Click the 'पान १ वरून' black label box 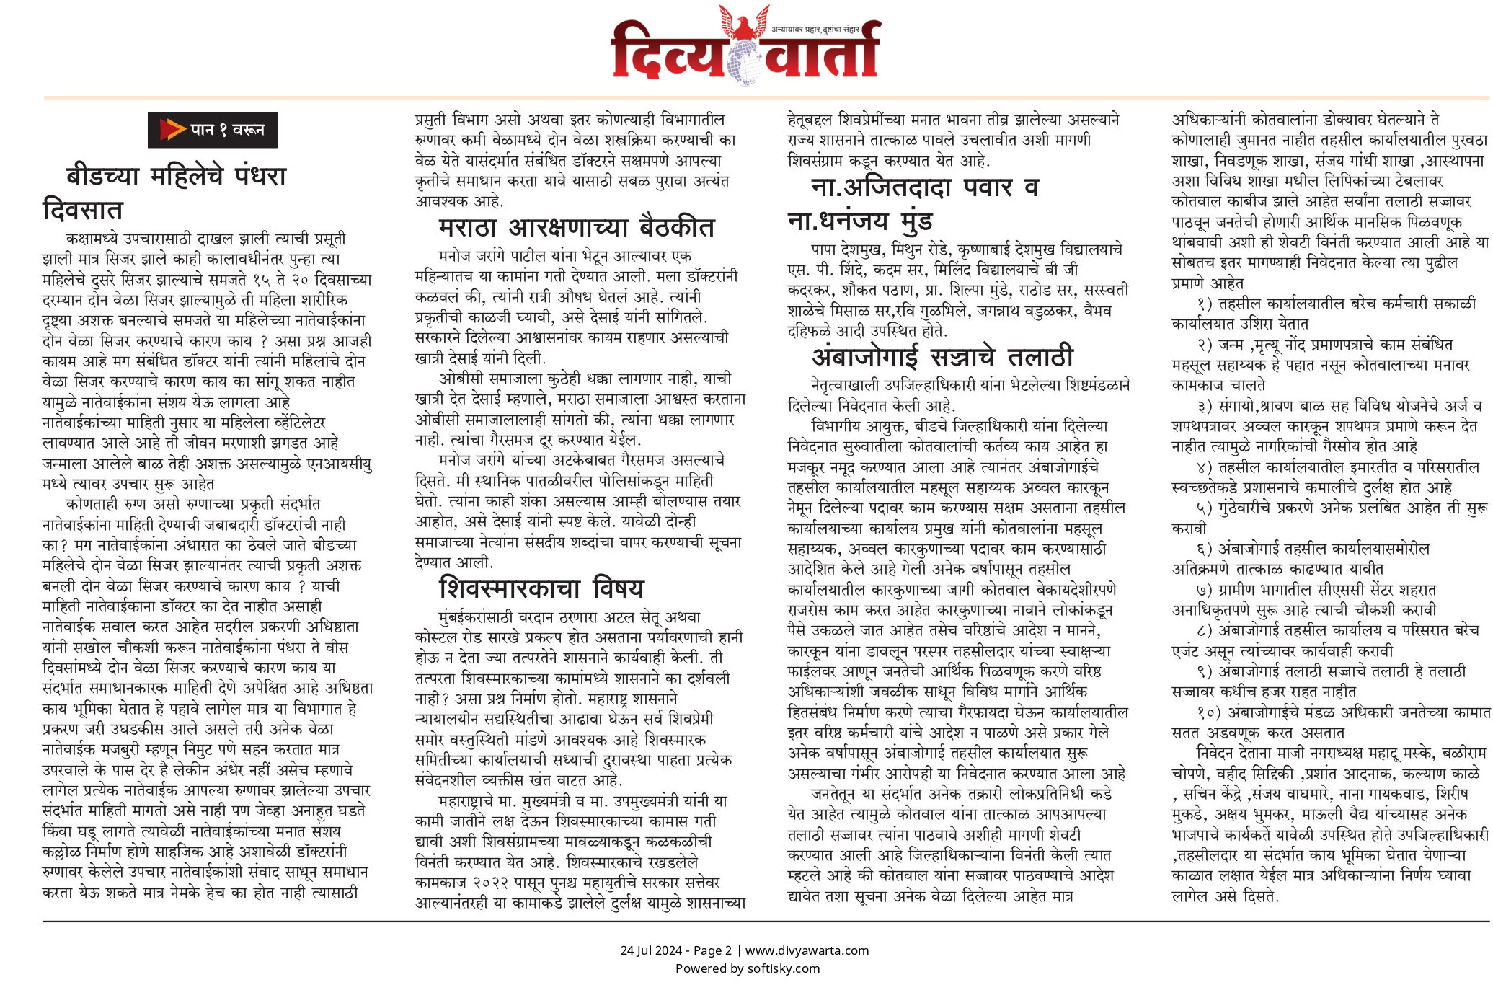(x=213, y=130)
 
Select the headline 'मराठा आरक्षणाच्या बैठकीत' (x=576, y=228)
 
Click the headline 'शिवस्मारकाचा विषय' (x=541, y=588)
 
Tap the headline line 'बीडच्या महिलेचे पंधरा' (x=177, y=176)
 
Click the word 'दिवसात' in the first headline (x=83, y=210)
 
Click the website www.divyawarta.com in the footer (x=807, y=950)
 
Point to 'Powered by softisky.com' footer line (x=747, y=968)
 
